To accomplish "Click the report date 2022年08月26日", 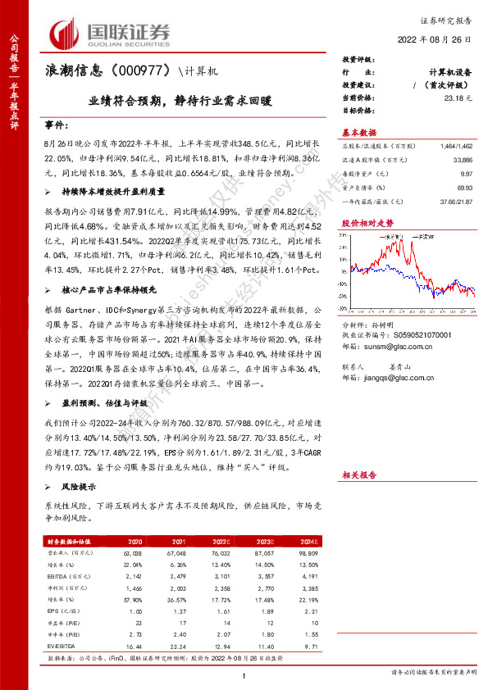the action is point(439,39).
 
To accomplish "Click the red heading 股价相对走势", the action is point(362,223).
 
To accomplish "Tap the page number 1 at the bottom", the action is point(244,675).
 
